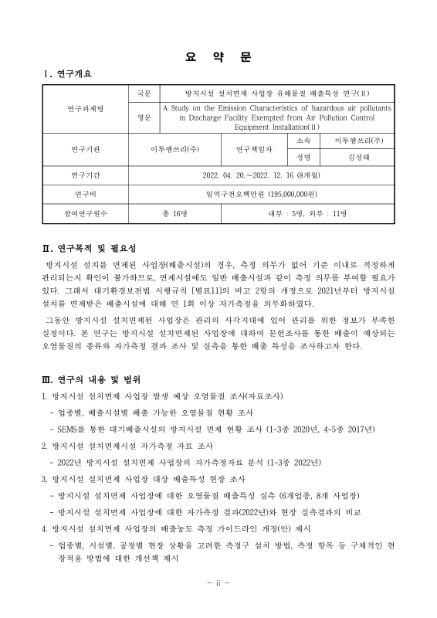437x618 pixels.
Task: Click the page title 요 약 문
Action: tap(218, 56)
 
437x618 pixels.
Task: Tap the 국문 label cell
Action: tap(144, 93)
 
